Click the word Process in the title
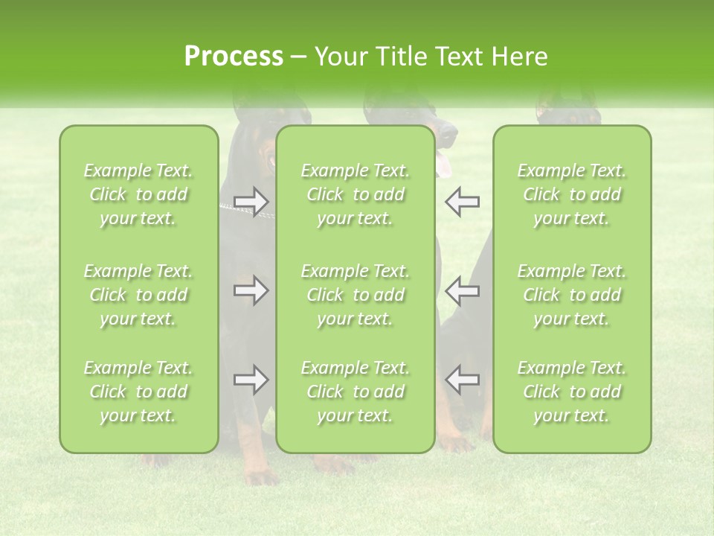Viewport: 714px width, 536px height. click(234, 57)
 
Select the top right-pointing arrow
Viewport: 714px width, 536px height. click(251, 202)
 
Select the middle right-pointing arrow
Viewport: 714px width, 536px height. click(251, 291)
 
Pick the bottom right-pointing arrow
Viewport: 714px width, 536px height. click(251, 380)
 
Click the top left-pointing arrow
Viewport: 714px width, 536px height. click(463, 202)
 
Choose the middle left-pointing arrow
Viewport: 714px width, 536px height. click(463, 291)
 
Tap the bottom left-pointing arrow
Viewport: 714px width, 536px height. click(463, 380)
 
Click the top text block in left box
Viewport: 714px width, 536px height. click(138, 194)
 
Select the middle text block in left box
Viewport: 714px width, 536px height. click(138, 295)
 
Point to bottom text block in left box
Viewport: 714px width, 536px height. click(138, 392)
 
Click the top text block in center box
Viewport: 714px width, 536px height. click(356, 194)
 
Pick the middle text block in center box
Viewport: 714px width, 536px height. click(356, 295)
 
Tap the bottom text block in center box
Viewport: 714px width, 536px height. click(356, 392)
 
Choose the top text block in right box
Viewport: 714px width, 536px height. click(572, 194)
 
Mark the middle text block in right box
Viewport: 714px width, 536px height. click(572, 295)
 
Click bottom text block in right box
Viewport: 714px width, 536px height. click(572, 392)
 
